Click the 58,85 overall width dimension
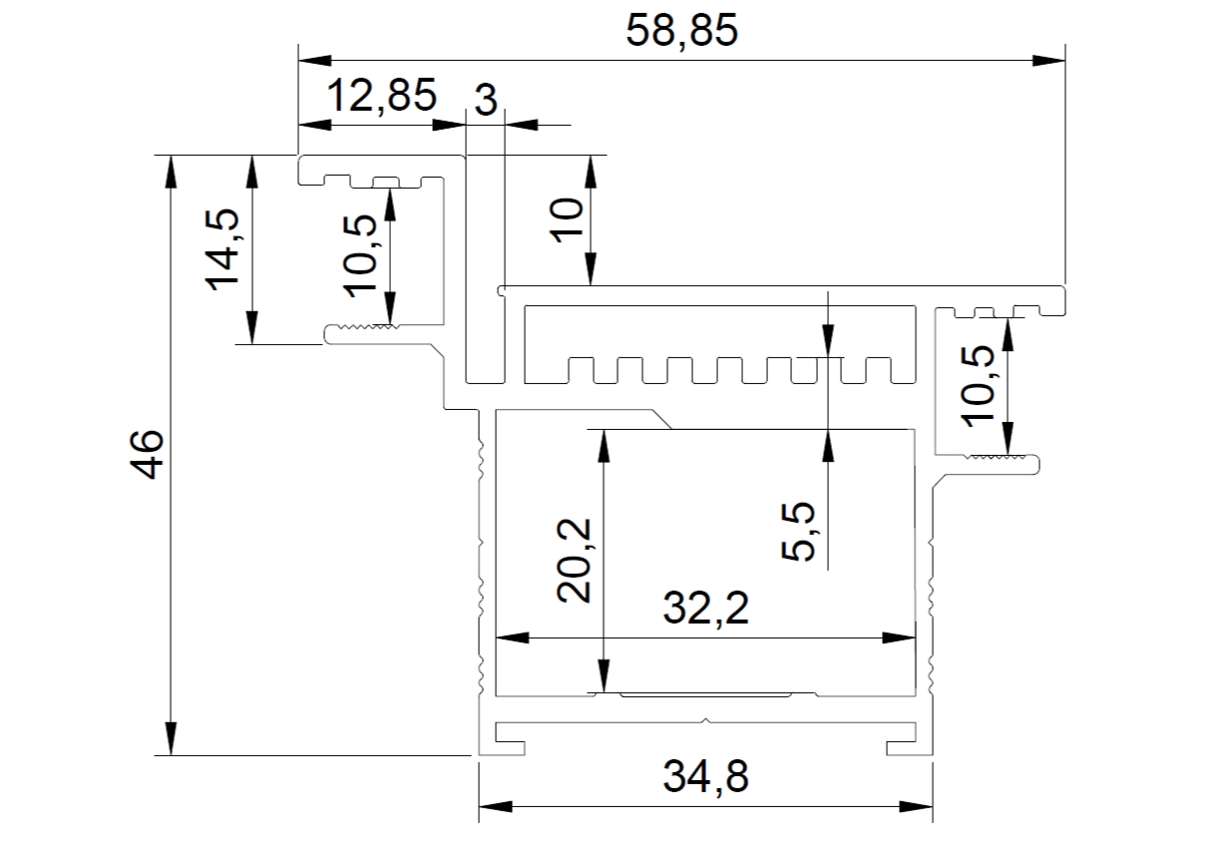point(681,32)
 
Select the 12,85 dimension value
point(382,96)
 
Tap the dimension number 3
point(486,101)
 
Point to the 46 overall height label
point(147,455)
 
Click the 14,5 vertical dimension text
point(221,249)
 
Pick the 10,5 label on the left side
point(360,256)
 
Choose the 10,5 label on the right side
point(979,387)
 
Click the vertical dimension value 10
point(567,220)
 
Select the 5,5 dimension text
point(798,532)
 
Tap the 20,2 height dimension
point(574,561)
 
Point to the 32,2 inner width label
point(706,609)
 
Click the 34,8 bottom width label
point(706,776)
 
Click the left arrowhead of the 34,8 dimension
point(496,807)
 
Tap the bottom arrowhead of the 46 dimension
point(171,739)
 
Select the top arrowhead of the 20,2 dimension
point(604,447)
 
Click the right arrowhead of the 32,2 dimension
point(899,639)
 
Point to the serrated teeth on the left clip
point(368,326)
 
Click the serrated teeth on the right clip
point(998,457)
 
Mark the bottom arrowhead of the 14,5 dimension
point(251,327)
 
